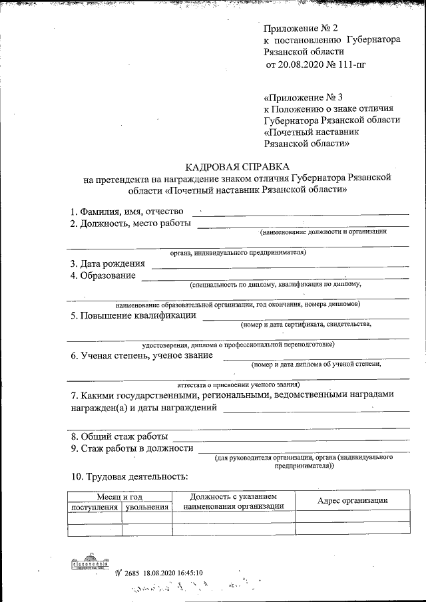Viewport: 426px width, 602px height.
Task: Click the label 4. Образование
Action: click(103, 275)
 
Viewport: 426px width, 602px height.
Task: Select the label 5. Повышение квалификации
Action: click(133, 315)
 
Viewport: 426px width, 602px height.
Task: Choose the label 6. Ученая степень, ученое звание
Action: click(142, 355)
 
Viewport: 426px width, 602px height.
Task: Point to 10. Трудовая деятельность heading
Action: click(129, 476)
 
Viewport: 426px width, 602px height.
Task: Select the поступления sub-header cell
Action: click(95, 507)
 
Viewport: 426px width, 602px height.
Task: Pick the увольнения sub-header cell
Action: click(146, 507)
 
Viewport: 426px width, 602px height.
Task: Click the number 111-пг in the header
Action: click(351, 65)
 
